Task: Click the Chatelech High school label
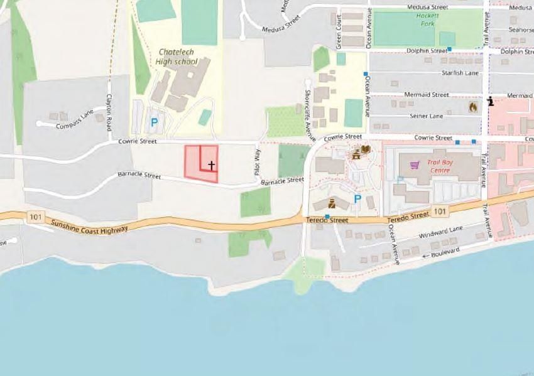[x=178, y=56]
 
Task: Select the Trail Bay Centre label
[x=440, y=165]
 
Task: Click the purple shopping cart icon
[x=414, y=166]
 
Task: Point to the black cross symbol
[x=212, y=166]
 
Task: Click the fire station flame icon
[x=472, y=107]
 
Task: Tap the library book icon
[x=366, y=149]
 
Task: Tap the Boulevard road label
[x=445, y=252]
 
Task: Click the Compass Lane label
[x=74, y=118]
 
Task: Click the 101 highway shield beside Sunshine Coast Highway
[x=36, y=217]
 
